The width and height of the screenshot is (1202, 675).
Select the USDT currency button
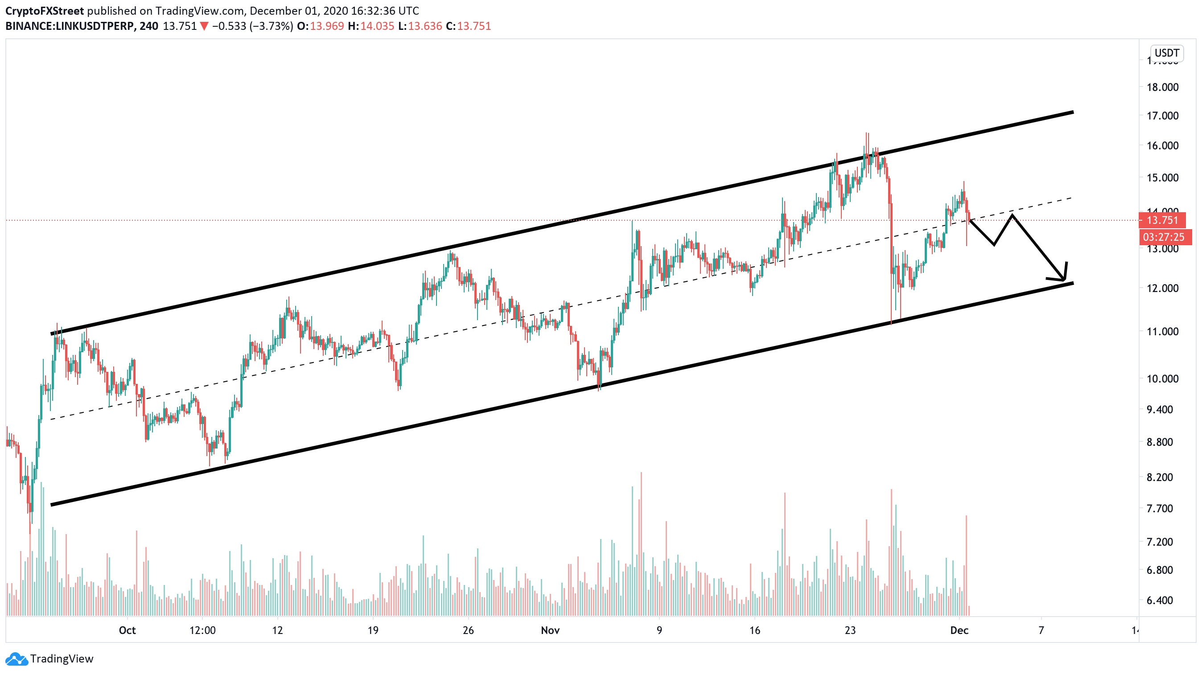1166,53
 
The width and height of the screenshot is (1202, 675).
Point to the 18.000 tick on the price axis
1162,87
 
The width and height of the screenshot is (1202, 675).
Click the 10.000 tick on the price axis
1162,379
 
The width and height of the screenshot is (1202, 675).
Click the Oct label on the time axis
127,630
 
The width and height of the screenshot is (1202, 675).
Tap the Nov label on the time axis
550,630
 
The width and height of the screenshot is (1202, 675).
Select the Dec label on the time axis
959,630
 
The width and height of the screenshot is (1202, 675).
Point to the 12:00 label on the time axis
202,630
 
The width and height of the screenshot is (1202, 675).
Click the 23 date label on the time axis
850,630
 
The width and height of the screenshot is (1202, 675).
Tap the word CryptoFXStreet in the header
45,11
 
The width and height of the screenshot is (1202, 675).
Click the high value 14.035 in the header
377,26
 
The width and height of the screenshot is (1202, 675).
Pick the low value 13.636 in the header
424,26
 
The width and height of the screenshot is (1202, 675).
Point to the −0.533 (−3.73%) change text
252,26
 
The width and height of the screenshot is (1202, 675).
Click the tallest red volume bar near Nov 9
641,513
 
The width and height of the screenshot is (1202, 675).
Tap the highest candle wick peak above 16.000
868,134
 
